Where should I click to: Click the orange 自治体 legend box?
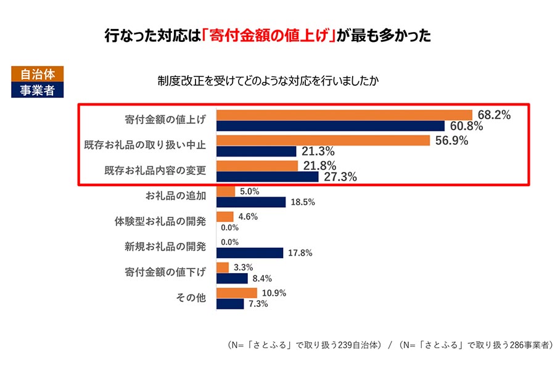[x=38, y=74]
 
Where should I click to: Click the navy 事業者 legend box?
[x=38, y=90]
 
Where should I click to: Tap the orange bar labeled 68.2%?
[x=344, y=115]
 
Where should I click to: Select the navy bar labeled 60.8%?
[x=331, y=126]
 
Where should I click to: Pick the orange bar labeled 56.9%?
[x=323, y=141]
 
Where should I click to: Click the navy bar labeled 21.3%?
[x=257, y=152]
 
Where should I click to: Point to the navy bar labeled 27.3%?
[x=268, y=177]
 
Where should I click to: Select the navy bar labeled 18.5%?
[x=251, y=202]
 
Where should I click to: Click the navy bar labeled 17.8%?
[x=250, y=253]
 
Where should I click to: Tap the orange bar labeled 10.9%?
[x=237, y=293]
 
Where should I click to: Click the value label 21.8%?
[x=319, y=166]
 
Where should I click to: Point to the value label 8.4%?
[x=262, y=279]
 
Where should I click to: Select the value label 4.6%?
[x=248, y=216]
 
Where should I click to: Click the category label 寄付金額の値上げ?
[x=165, y=120]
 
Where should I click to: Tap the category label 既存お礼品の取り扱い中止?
[x=145, y=145]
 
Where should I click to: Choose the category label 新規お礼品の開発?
[x=165, y=247]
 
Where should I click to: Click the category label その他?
[x=191, y=298]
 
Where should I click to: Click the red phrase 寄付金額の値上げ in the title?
[x=269, y=36]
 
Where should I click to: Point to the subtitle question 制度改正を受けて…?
[x=268, y=81]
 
